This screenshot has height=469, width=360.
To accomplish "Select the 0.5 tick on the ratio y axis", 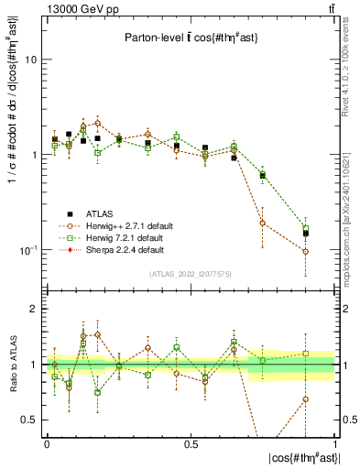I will click(28, 420).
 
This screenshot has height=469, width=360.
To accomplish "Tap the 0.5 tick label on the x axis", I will click(191, 442).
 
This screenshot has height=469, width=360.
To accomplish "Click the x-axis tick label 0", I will click(47, 442).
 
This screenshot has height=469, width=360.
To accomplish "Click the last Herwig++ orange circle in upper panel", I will click(306, 251).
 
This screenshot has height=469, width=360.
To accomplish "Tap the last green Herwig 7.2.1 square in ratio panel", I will click(306, 354).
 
